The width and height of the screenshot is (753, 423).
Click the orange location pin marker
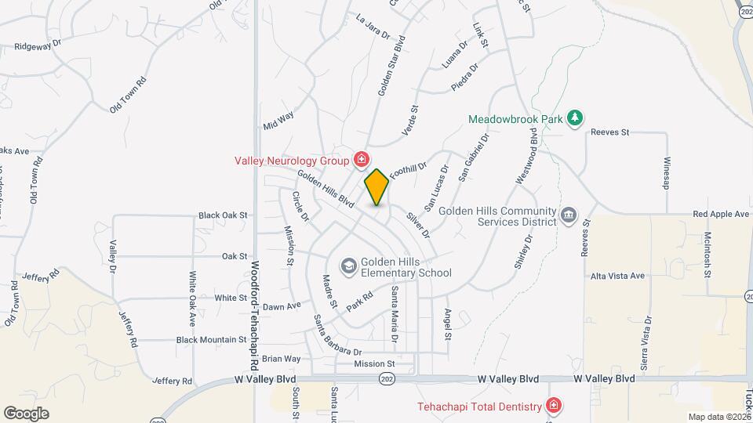click(x=377, y=187)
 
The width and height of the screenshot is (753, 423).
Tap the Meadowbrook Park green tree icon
click(x=576, y=117)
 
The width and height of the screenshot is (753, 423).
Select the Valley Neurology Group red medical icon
click(x=361, y=161)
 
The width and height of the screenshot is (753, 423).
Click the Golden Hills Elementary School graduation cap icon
click(x=349, y=266)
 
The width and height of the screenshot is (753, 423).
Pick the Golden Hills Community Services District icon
click(x=569, y=214)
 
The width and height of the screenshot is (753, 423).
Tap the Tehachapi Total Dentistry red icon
click(x=554, y=406)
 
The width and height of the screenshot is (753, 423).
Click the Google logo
click(x=26, y=413)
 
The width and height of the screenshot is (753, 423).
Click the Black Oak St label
click(x=223, y=214)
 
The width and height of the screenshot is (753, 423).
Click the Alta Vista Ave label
click(x=617, y=276)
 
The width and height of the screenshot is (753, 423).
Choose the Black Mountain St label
click(x=211, y=339)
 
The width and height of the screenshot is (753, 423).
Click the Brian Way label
click(x=281, y=359)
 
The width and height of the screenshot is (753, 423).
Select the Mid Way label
click(x=278, y=119)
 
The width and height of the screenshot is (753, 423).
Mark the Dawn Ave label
click(x=282, y=306)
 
